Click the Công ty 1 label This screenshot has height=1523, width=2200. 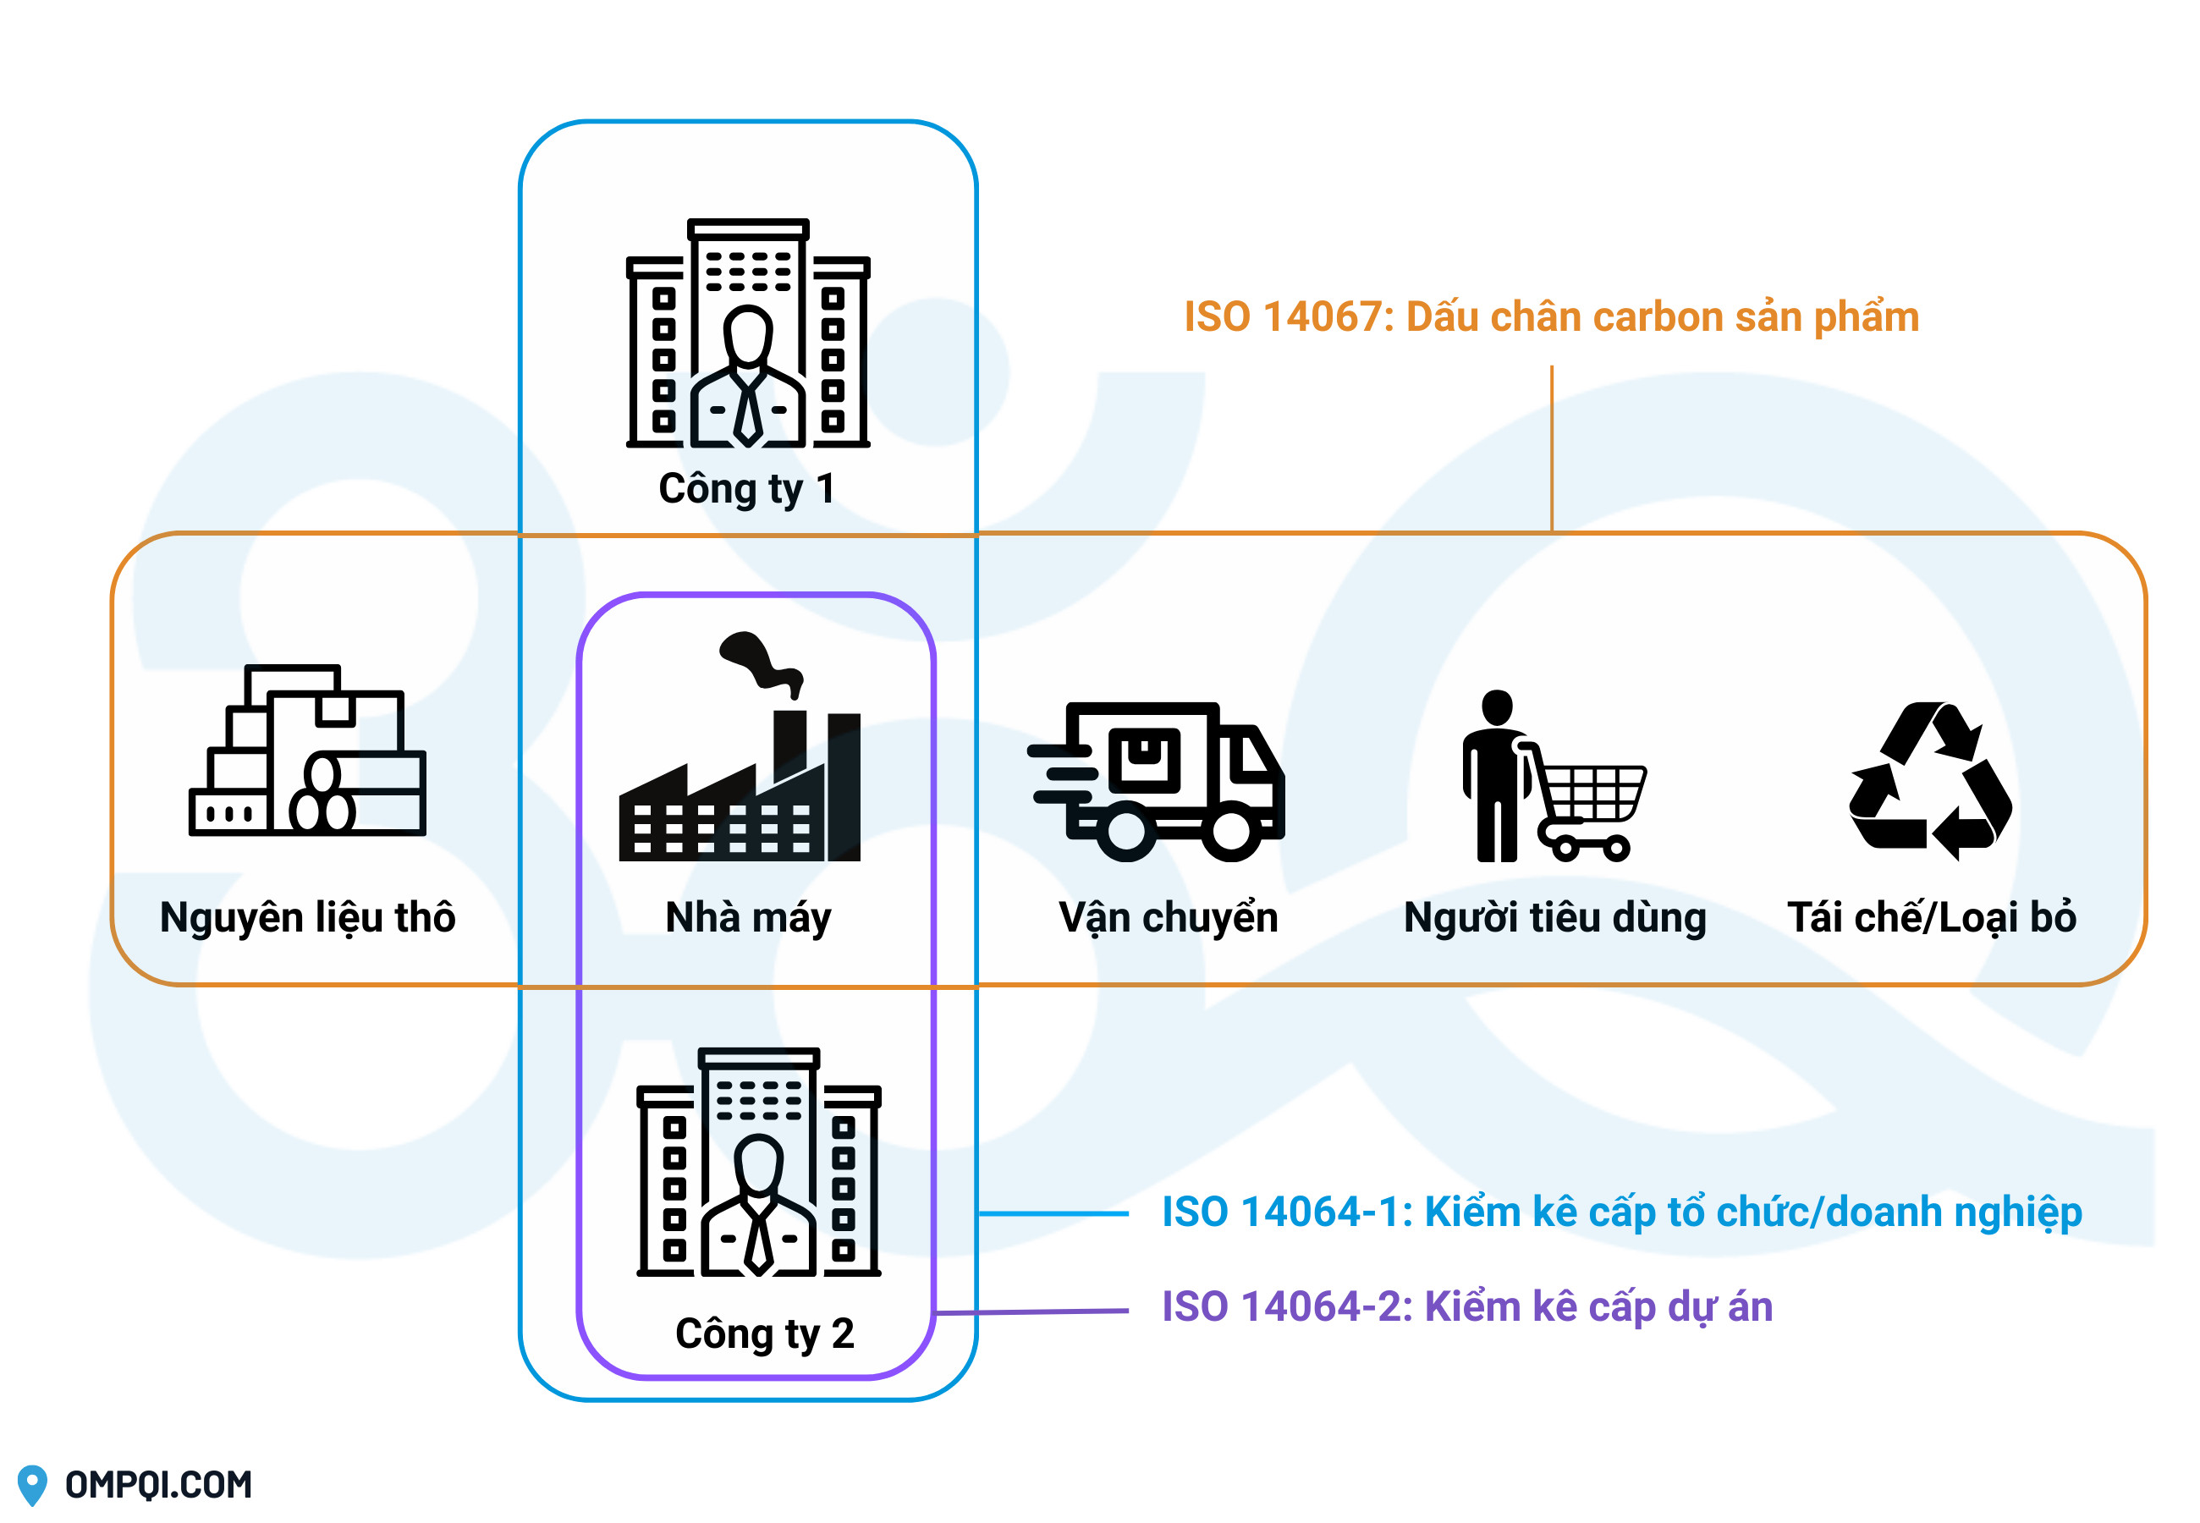tap(746, 490)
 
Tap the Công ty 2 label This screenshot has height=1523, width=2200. tap(764, 1333)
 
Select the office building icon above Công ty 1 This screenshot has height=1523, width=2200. tap(748, 334)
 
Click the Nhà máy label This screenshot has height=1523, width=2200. tap(748, 918)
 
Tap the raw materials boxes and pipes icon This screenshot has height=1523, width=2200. tap(307, 752)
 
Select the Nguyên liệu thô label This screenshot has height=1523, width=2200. tap(307, 918)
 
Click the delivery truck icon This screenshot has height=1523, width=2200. tap(1157, 783)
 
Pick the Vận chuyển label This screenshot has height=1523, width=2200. tap(1168, 918)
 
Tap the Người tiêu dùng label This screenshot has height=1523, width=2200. tap(1554, 918)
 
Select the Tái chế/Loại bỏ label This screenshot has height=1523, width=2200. tap(1931, 918)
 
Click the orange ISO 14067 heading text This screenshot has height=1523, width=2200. tap(1550, 316)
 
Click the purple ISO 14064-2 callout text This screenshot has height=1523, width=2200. tap(1466, 1306)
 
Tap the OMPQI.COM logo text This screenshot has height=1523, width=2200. tap(158, 1485)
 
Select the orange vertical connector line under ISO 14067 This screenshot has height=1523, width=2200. tap(1552, 448)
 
